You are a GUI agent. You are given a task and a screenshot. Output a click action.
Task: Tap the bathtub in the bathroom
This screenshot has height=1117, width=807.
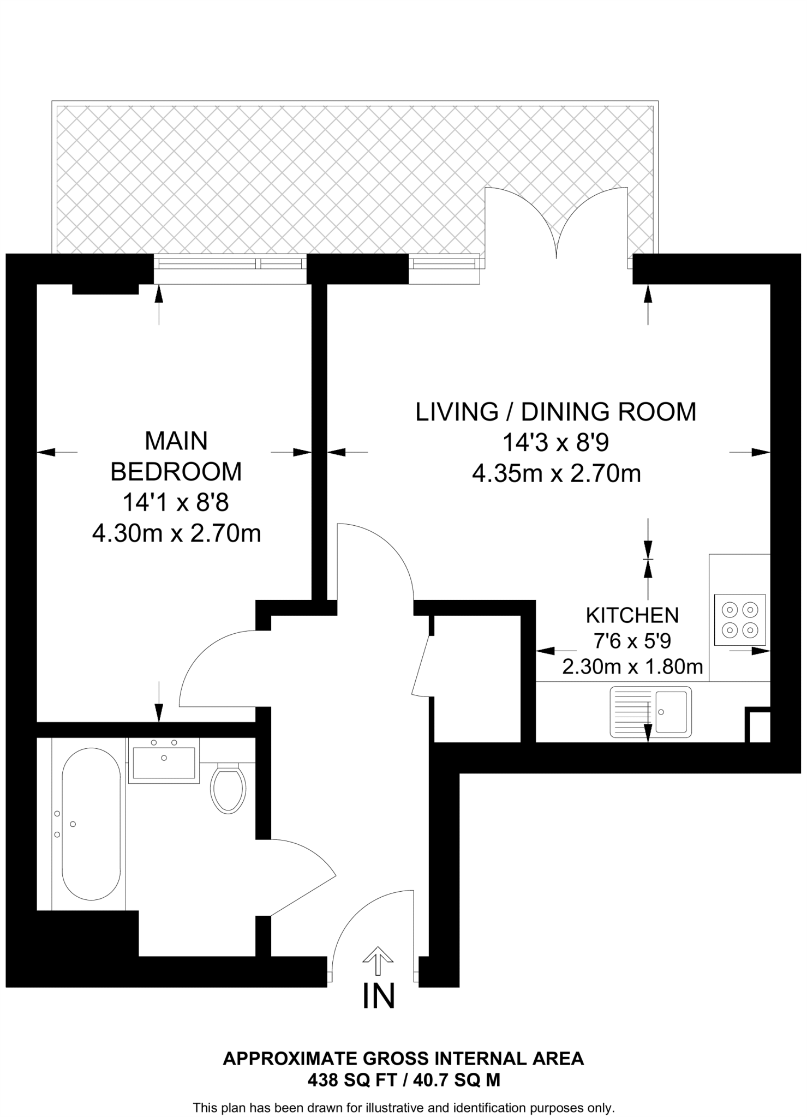pyautogui.click(x=91, y=824)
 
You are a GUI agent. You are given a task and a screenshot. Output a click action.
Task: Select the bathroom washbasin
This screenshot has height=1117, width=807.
pyautogui.click(x=164, y=762)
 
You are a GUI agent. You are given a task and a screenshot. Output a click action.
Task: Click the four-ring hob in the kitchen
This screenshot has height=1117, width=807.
pyautogui.click(x=740, y=620)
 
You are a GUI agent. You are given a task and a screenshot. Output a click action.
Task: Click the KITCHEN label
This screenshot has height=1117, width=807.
pyautogui.click(x=632, y=615)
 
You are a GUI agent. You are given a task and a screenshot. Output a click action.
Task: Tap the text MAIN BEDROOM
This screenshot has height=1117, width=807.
pyautogui.click(x=176, y=456)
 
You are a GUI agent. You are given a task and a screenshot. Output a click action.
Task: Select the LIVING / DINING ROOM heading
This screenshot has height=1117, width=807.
pyautogui.click(x=555, y=412)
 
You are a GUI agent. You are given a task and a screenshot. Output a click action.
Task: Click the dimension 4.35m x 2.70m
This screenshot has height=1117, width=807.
pyautogui.click(x=555, y=473)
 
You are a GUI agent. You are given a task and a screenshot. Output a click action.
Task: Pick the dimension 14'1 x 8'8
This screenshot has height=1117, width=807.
pyautogui.click(x=175, y=502)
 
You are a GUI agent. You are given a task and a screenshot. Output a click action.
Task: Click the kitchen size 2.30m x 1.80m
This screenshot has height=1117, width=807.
pyautogui.click(x=632, y=666)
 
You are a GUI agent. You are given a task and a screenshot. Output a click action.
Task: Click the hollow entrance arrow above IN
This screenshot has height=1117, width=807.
pyautogui.click(x=378, y=960)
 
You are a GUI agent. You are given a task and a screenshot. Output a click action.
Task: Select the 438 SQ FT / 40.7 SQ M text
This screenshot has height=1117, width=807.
pyautogui.click(x=403, y=1080)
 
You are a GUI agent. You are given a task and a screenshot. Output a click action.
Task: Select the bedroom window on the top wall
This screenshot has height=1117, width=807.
pyautogui.click(x=230, y=264)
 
